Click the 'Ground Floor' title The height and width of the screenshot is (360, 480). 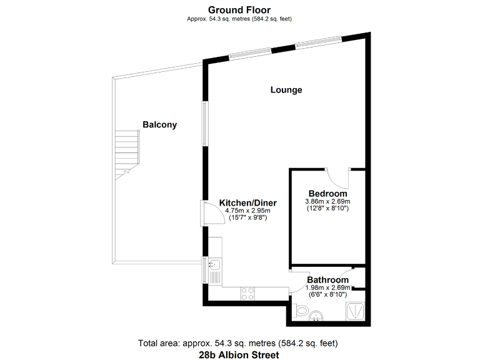(240, 9)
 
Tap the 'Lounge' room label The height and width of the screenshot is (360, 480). (286, 90)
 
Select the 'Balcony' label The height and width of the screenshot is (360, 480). (159, 124)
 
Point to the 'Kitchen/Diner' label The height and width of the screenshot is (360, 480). (247, 203)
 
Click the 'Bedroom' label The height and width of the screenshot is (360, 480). (327, 193)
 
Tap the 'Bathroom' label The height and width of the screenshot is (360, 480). (327, 279)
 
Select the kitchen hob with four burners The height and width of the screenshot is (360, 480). (247, 291)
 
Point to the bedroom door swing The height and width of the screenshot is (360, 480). (341, 177)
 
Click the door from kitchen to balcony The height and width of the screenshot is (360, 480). (207, 214)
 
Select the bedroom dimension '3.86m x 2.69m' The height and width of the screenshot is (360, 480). (327, 201)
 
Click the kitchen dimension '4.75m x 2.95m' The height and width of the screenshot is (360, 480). (247, 211)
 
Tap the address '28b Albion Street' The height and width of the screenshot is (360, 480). (240, 354)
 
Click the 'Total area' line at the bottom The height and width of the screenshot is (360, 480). (240, 343)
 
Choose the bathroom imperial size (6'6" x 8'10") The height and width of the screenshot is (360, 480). (327, 294)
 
